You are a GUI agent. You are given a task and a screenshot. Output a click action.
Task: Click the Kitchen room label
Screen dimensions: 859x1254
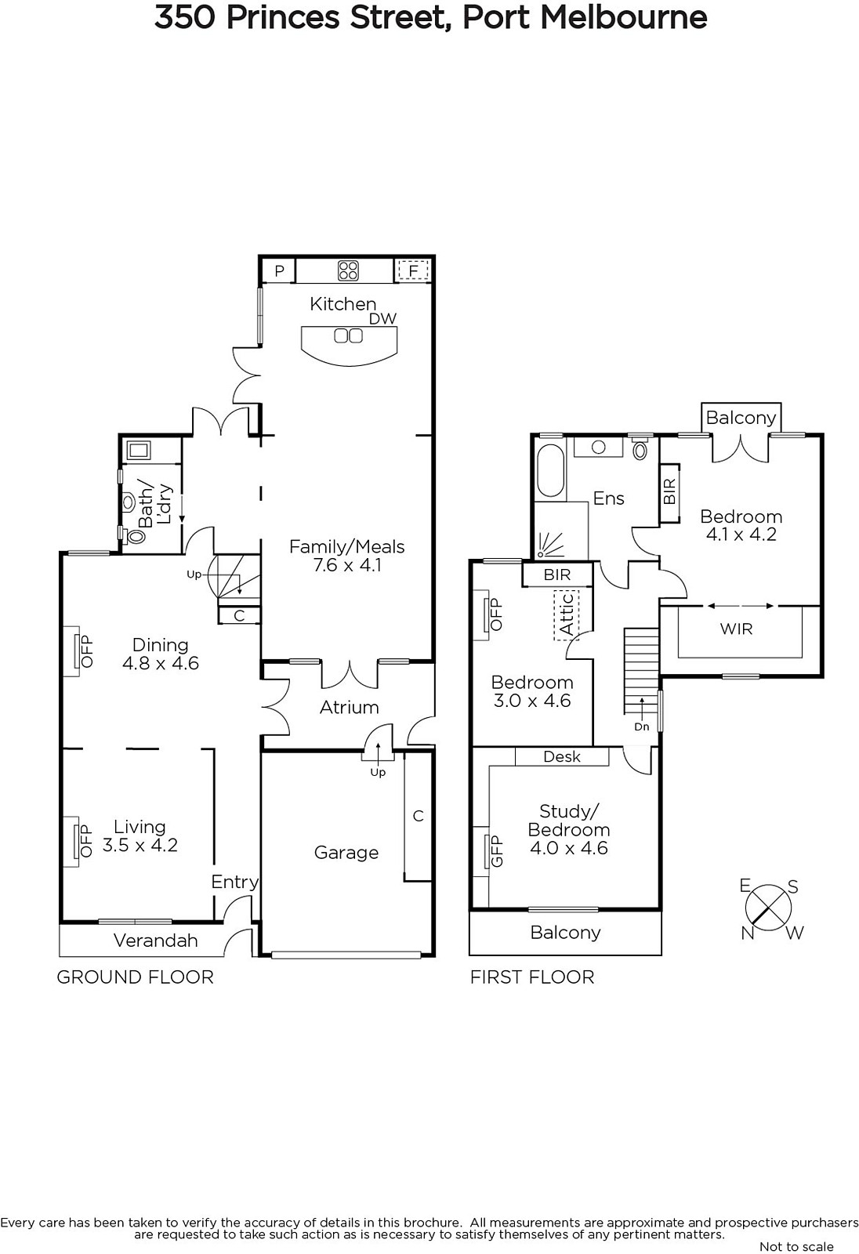pos(343,304)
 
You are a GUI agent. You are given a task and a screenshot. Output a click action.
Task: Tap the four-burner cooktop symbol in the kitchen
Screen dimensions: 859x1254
pos(348,271)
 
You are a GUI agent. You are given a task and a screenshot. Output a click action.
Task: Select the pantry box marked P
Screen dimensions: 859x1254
pos(280,271)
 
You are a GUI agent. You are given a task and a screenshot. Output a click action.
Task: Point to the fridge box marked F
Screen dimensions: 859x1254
pos(413,271)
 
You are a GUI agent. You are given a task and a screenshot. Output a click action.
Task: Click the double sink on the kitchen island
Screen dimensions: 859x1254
pos(348,336)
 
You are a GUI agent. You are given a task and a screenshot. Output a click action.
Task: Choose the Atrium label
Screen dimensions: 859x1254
pos(349,708)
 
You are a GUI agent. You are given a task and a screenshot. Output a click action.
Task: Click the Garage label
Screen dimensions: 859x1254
pos(346,853)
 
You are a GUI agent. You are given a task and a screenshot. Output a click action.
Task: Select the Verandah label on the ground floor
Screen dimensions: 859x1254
pos(156,940)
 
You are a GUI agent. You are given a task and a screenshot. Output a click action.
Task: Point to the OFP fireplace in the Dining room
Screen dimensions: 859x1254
pos(78,651)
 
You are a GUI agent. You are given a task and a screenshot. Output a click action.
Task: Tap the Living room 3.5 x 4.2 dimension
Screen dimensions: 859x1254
pos(140,845)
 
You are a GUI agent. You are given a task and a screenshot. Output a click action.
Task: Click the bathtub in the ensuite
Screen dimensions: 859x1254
pos(550,471)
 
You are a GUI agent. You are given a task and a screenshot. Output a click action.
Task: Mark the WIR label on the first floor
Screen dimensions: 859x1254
pos(737,629)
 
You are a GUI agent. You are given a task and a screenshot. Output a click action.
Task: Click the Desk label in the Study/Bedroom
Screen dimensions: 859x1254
pos(562,756)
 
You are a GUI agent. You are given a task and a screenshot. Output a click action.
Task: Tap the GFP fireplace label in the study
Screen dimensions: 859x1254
pos(496,851)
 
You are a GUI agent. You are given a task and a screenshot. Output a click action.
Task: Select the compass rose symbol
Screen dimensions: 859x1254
pos(768,909)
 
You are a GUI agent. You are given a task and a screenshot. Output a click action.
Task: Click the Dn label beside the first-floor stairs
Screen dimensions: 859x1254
pos(642,727)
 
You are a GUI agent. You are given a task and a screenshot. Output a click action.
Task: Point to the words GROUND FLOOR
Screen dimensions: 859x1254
pos(135,977)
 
